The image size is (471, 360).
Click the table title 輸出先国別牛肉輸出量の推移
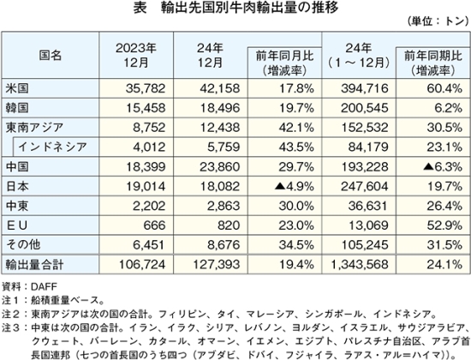(x=249, y=8)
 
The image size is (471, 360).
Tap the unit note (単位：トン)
(x=438, y=21)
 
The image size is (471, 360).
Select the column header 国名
(x=51, y=56)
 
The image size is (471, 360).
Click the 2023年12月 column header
(x=136, y=56)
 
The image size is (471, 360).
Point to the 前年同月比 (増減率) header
(x=284, y=63)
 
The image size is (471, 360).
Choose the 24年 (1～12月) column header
(x=358, y=56)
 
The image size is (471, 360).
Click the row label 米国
(x=17, y=88)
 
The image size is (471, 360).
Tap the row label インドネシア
(x=52, y=147)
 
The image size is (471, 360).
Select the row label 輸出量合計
(x=34, y=264)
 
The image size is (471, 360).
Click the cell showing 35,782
(x=146, y=88)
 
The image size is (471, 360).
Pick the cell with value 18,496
(x=220, y=108)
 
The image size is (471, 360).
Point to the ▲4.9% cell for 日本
(x=294, y=187)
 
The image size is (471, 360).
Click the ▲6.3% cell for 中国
(x=443, y=166)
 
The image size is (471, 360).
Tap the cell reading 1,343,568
(x=360, y=264)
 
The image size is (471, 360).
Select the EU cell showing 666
(x=154, y=225)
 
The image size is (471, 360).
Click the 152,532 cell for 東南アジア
(x=364, y=128)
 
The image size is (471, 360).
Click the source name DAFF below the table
(x=44, y=286)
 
